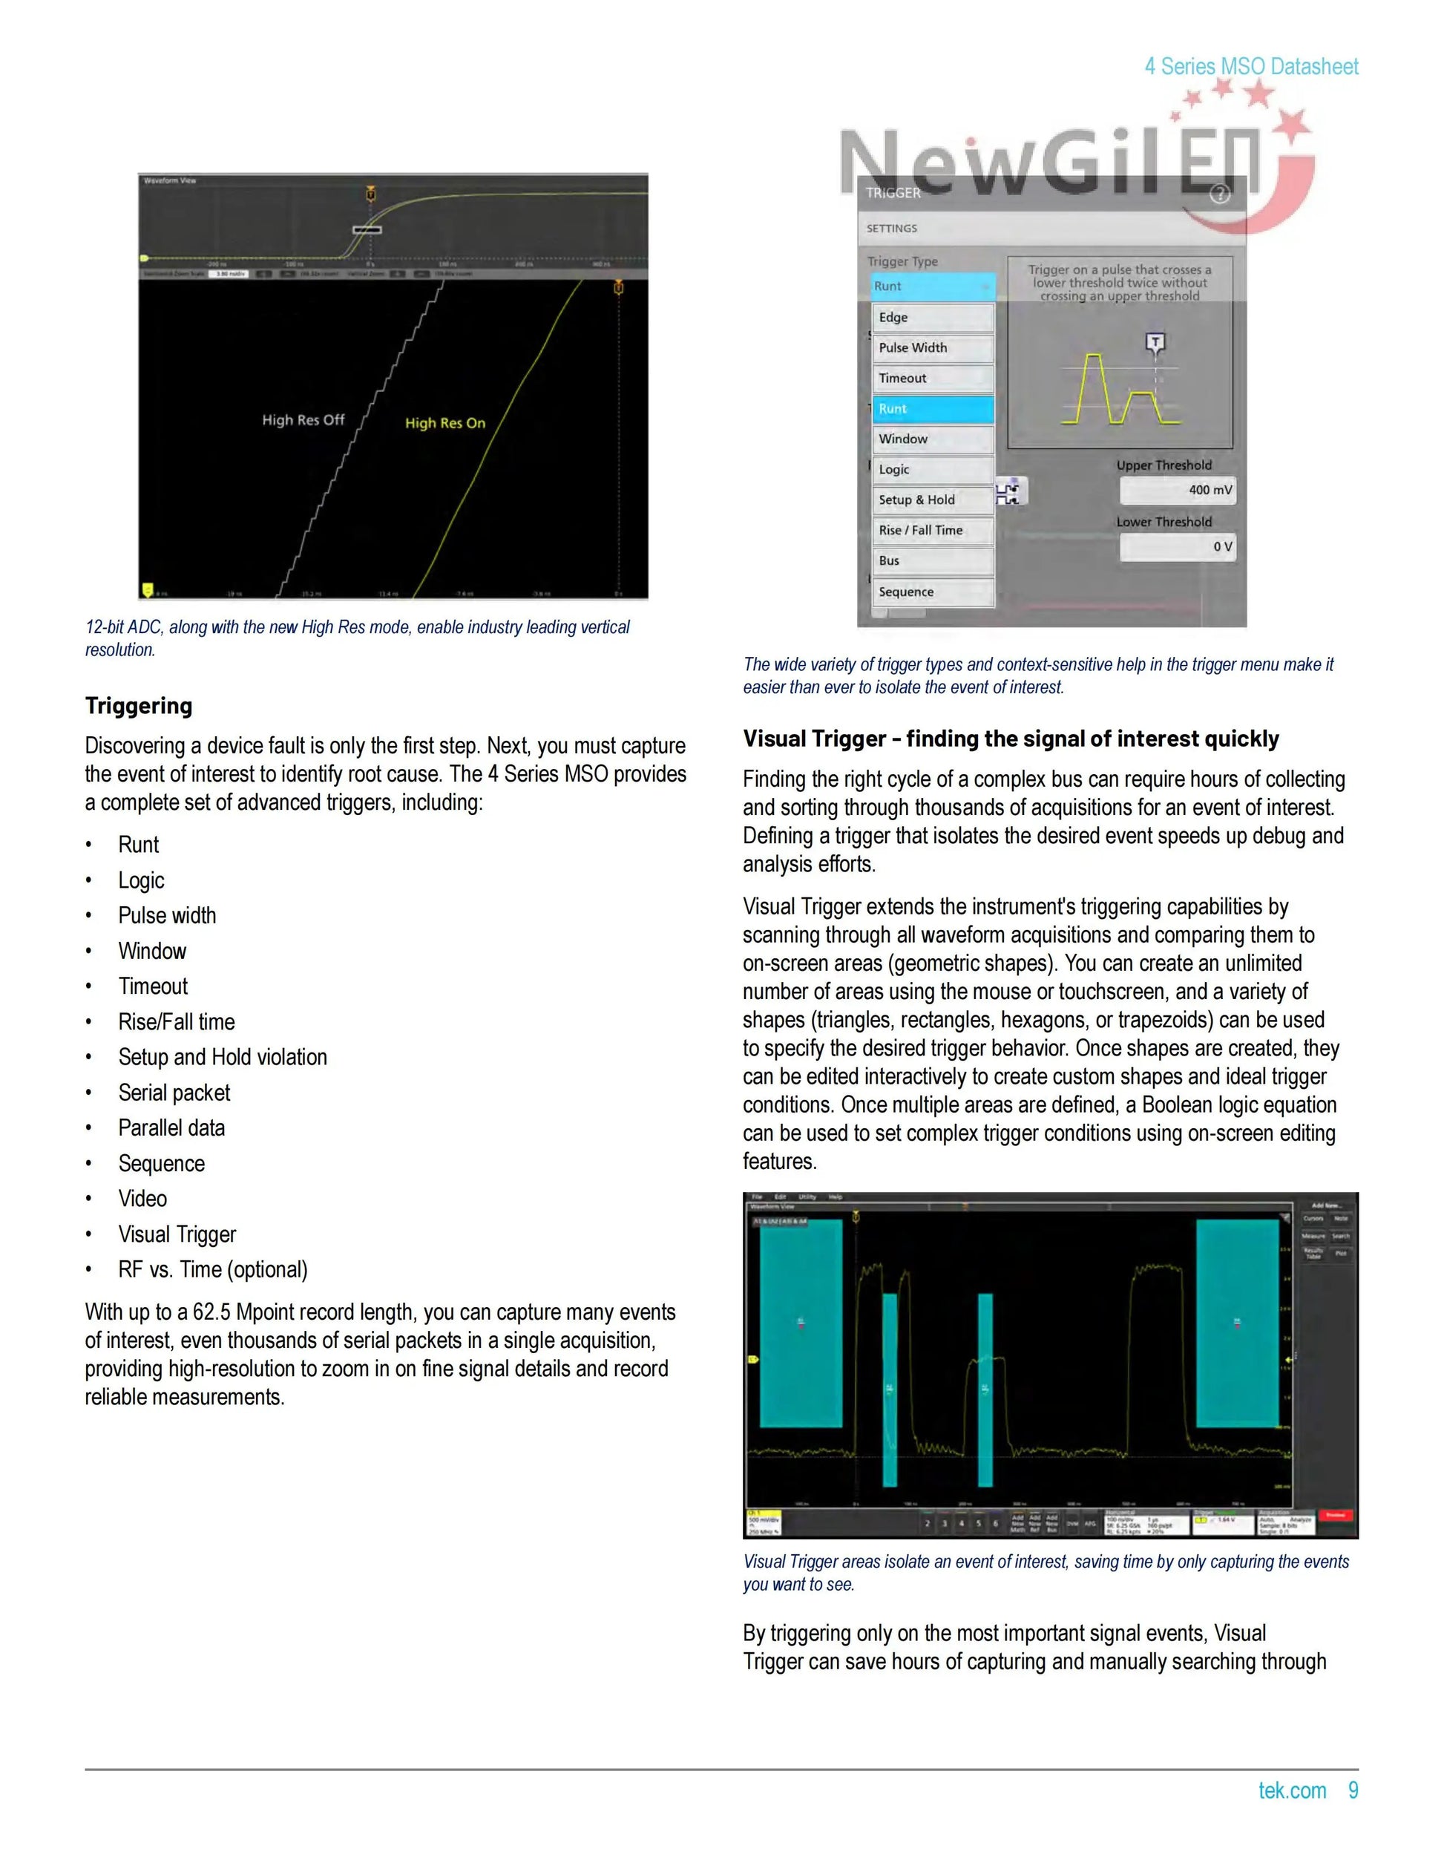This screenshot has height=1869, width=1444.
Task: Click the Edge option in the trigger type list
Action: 933,318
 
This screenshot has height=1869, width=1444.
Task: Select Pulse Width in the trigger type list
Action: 933,348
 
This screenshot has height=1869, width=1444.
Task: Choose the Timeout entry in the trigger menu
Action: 933,379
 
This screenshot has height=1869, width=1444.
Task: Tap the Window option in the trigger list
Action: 933,439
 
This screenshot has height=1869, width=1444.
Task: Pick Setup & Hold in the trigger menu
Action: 933,500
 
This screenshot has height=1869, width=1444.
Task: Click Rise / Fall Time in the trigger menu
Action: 933,531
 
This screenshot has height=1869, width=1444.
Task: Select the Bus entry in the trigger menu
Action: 933,560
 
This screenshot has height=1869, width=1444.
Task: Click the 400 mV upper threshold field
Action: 1177,491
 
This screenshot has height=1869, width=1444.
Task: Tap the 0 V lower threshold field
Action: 1177,547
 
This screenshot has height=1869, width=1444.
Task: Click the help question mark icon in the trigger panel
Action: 1220,194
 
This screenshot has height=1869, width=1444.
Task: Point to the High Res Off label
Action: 303,420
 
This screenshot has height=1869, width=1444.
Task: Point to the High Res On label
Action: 444,424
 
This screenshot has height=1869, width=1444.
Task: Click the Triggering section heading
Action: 139,706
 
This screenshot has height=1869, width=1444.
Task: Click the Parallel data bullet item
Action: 171,1128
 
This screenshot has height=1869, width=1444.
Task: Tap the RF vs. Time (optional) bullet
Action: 212,1270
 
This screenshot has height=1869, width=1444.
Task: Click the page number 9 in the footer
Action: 1353,1790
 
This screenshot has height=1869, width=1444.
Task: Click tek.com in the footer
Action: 1292,1790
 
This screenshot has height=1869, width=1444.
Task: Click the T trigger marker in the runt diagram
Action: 1155,343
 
